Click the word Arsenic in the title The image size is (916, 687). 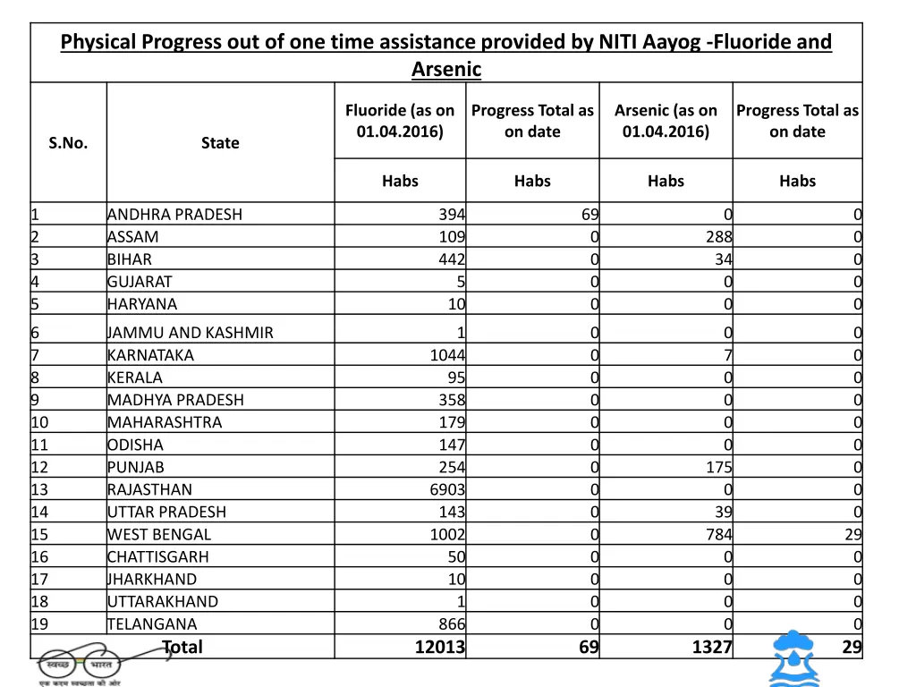coord(446,69)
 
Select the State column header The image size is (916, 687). coord(220,143)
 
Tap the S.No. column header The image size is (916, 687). coord(68,143)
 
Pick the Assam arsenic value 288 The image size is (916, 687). coord(717,237)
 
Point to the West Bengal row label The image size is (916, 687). coord(159,535)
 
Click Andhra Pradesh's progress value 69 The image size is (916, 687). coord(589,215)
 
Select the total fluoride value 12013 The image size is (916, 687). coord(439,648)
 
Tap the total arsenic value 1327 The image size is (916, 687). coord(712,648)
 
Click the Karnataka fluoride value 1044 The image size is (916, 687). coord(447,355)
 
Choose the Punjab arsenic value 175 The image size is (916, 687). coord(717,467)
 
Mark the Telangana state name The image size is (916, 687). coord(152,624)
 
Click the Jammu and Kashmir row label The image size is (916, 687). coord(191,333)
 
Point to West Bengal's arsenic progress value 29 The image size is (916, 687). coord(852,535)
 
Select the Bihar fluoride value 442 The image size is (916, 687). coord(452,259)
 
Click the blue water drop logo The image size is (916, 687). coord(794,658)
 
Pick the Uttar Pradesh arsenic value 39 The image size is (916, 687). coord(722,513)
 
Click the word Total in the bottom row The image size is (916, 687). coord(182,648)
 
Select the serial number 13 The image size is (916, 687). coord(40,490)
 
